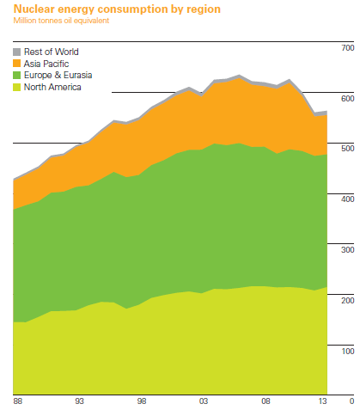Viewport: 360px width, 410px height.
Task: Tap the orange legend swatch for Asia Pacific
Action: (16, 64)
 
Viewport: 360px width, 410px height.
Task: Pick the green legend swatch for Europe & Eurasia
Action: (16, 76)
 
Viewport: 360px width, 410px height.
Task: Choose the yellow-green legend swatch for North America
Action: (16, 87)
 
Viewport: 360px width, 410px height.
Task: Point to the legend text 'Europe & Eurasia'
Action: (58, 76)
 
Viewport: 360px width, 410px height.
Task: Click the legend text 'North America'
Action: (52, 87)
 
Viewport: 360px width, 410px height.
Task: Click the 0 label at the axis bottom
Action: (351, 401)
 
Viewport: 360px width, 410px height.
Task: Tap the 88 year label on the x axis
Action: (17, 401)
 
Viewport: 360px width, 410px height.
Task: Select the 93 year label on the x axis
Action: (79, 401)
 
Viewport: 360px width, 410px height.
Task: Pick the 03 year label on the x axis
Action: (204, 401)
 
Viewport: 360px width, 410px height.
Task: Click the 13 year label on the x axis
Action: (321, 401)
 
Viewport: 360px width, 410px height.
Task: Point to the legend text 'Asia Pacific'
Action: (48, 64)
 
